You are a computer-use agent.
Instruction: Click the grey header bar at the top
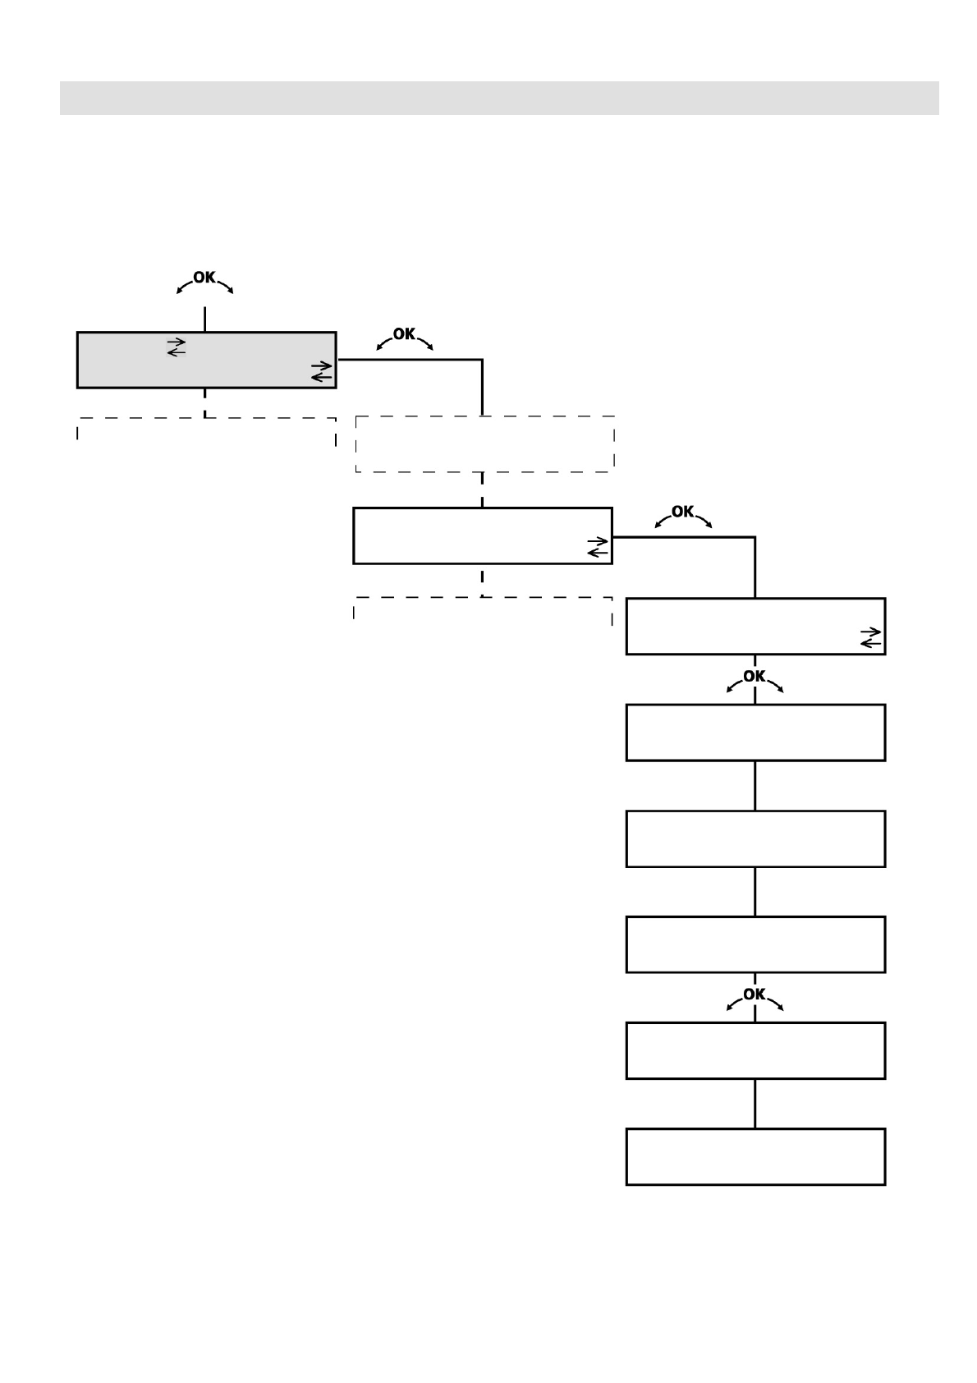tap(499, 98)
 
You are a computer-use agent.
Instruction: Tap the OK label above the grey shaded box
tap(204, 278)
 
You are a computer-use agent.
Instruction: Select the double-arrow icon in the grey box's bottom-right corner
tap(322, 371)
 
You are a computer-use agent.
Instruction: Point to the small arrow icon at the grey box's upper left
tap(177, 347)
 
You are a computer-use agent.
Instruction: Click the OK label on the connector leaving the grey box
tap(404, 334)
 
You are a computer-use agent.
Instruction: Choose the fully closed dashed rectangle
tap(484, 444)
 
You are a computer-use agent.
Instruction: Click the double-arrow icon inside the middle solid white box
tap(599, 547)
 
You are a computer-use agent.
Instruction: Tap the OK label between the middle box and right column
tap(682, 512)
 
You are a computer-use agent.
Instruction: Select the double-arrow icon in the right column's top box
tap(871, 637)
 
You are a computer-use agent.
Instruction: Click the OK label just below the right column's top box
tap(754, 676)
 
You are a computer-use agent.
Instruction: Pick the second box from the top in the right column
tap(755, 733)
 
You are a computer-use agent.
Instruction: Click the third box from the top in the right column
tap(755, 839)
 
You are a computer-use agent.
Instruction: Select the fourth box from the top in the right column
tap(755, 944)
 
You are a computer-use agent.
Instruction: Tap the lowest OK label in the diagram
tap(754, 994)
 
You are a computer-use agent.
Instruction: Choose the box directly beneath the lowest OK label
tap(755, 1050)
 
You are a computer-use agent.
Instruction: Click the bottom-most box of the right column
tap(755, 1156)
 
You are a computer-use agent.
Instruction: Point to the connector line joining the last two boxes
tap(755, 1104)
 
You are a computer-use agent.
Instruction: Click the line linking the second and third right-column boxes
tap(755, 786)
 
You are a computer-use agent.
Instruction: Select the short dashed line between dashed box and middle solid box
tap(482, 490)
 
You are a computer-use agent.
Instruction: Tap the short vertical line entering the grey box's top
tap(204, 319)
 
